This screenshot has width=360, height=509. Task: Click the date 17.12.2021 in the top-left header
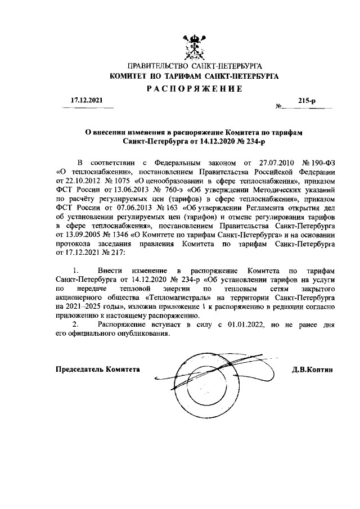click(x=85, y=100)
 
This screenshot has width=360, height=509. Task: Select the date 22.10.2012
click(x=75, y=182)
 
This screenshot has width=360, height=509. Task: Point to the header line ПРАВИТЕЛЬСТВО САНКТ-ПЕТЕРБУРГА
click(x=194, y=66)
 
